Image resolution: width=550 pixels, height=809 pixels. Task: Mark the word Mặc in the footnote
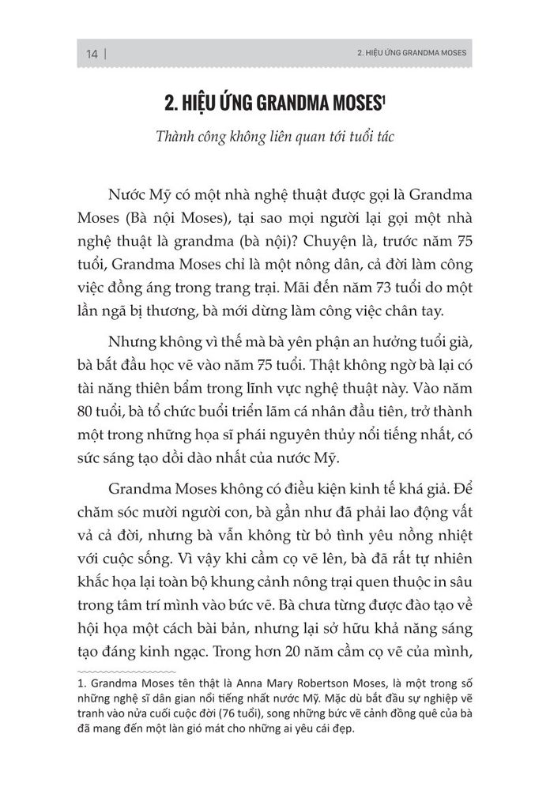pyautogui.click(x=360, y=697)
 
